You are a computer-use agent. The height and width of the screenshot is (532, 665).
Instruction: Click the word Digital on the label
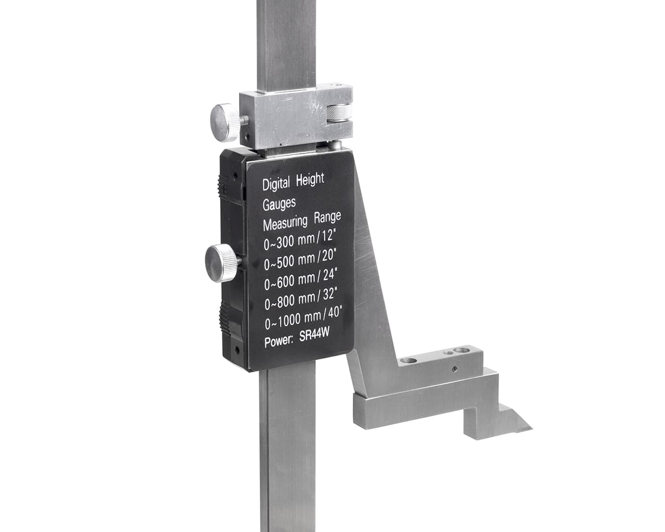tap(276, 184)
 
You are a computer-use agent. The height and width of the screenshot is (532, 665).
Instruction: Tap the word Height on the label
tap(310, 179)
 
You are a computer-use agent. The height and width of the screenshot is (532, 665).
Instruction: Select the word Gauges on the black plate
tap(279, 204)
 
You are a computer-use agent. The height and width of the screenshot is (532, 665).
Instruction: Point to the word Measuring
tap(285, 223)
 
